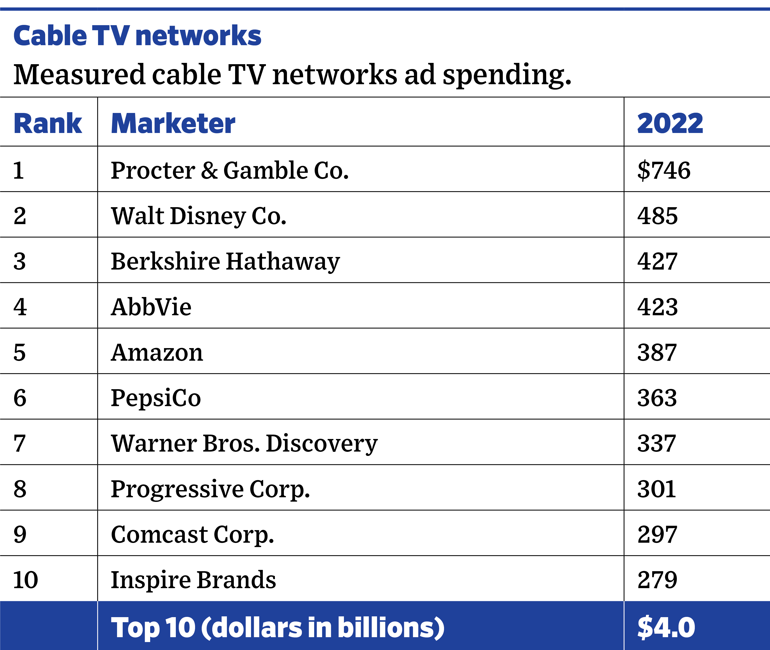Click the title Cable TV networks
coord(137,36)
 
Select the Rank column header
coord(47,123)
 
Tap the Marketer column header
coord(173,123)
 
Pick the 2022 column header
coord(670,123)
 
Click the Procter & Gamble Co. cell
coord(229,171)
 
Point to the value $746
coord(663,171)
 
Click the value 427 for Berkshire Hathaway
coord(657,262)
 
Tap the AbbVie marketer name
coord(151,307)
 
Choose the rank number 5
coord(20,353)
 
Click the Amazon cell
coord(157,353)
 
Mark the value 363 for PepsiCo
coord(657,398)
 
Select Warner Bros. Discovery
coord(244,444)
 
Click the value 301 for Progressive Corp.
coord(657,489)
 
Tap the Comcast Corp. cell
coord(192,535)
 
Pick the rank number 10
coord(25,580)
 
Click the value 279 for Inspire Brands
coord(657,580)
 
